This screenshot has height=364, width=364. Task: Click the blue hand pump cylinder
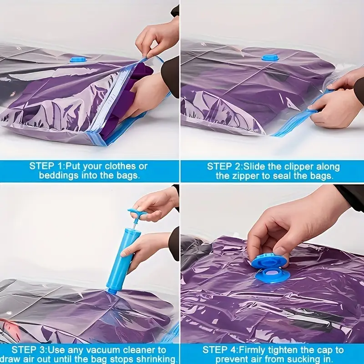coord(121,261)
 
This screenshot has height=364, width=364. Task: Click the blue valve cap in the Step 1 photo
coord(79,59)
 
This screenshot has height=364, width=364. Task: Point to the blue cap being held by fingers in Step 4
coord(270,261)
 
